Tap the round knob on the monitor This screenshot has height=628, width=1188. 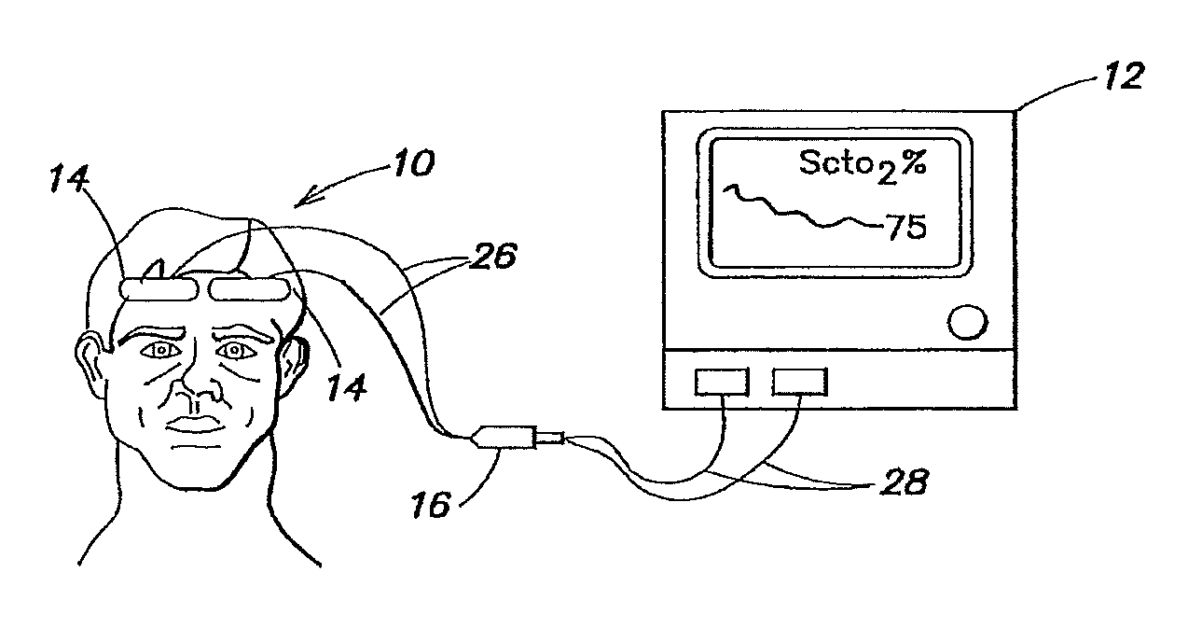[965, 323]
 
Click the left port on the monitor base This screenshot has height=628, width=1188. [721, 382]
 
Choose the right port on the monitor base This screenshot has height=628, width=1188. [799, 382]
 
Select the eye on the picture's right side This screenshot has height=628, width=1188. [233, 351]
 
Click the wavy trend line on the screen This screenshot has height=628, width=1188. [793, 210]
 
